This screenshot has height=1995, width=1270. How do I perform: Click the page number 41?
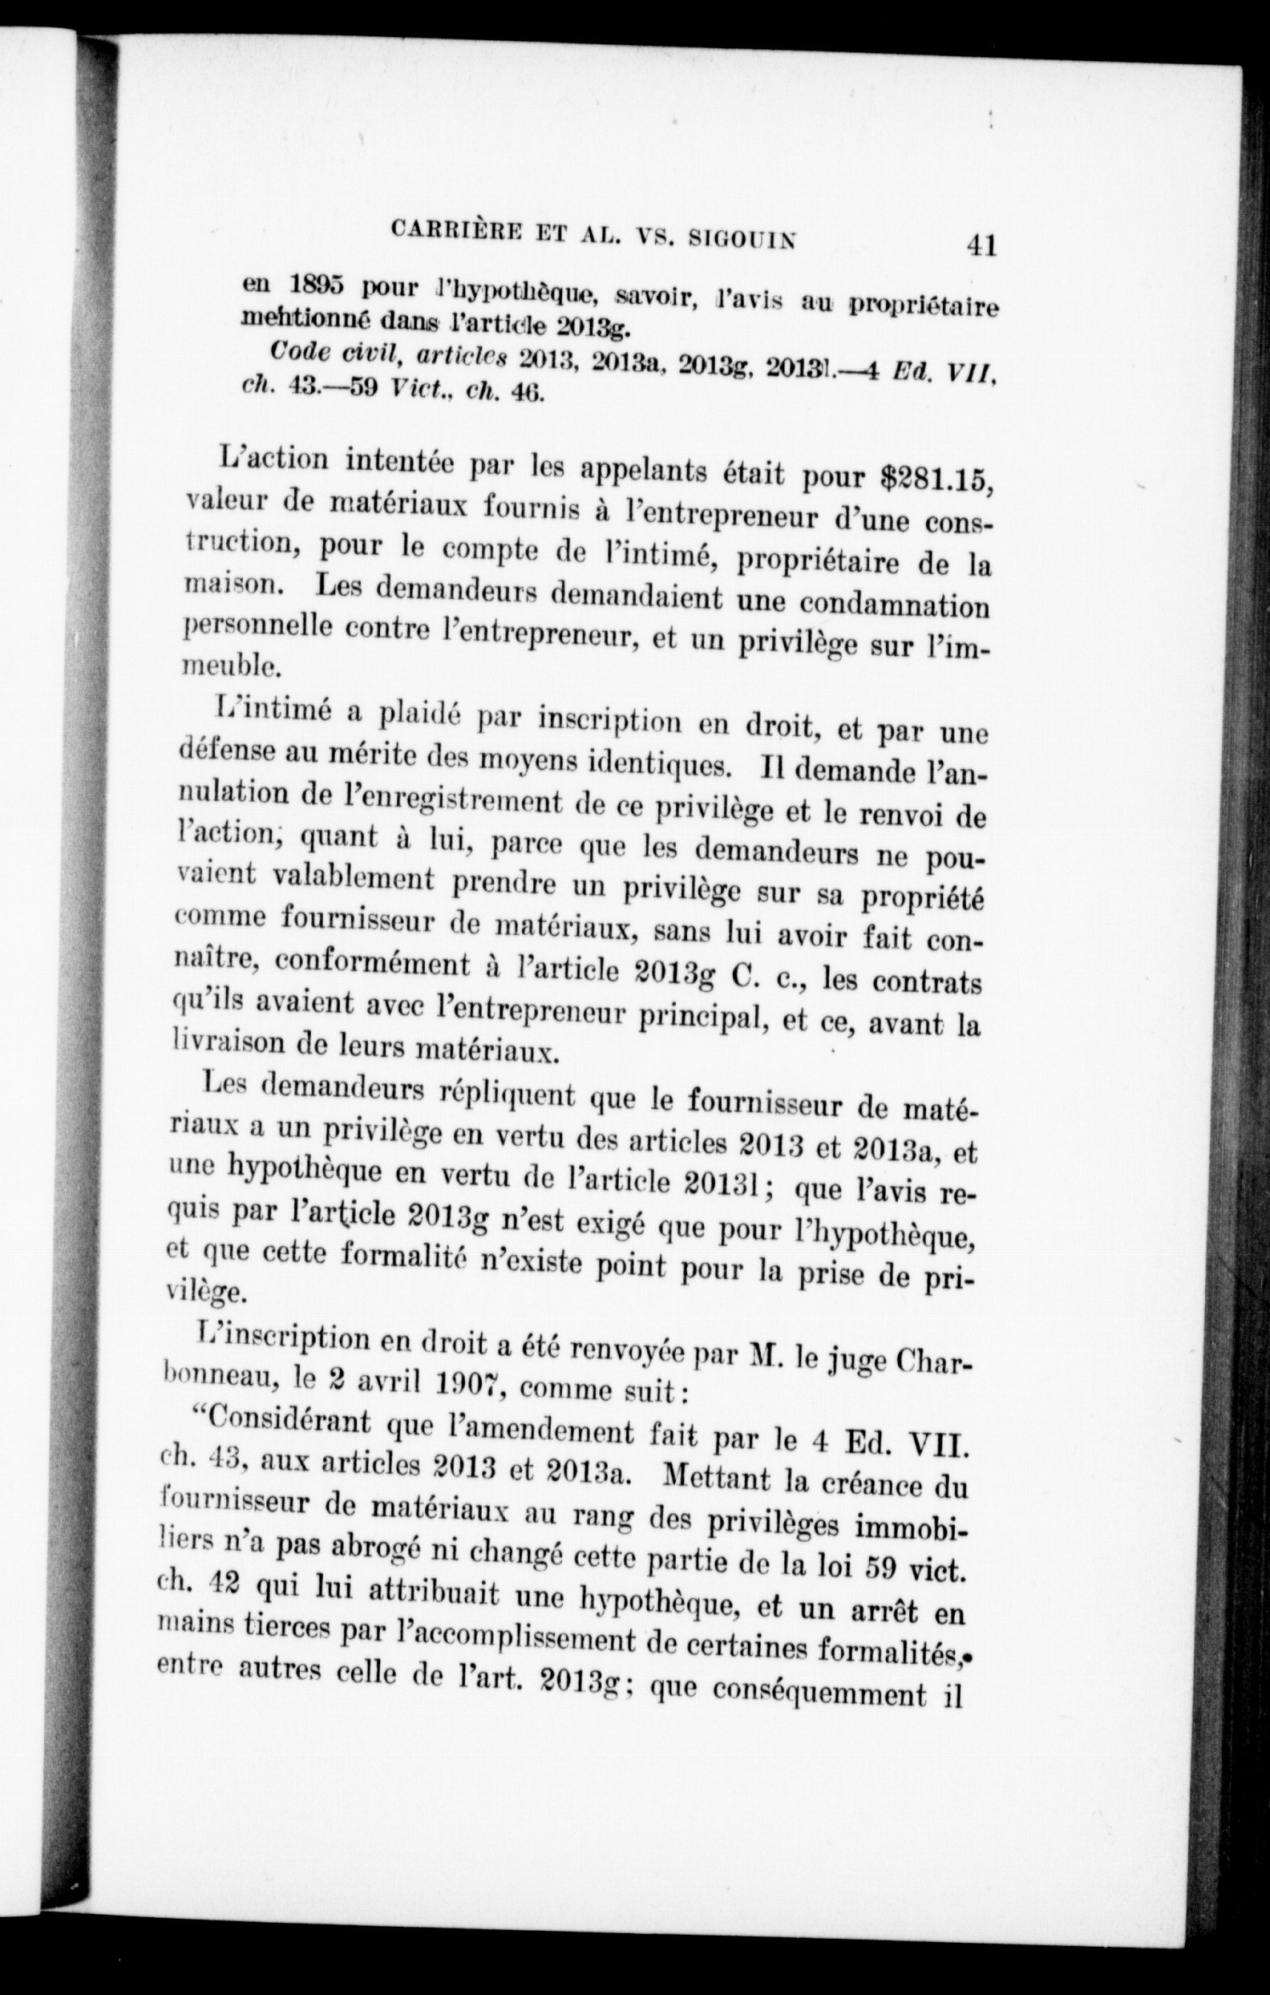click(x=979, y=247)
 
